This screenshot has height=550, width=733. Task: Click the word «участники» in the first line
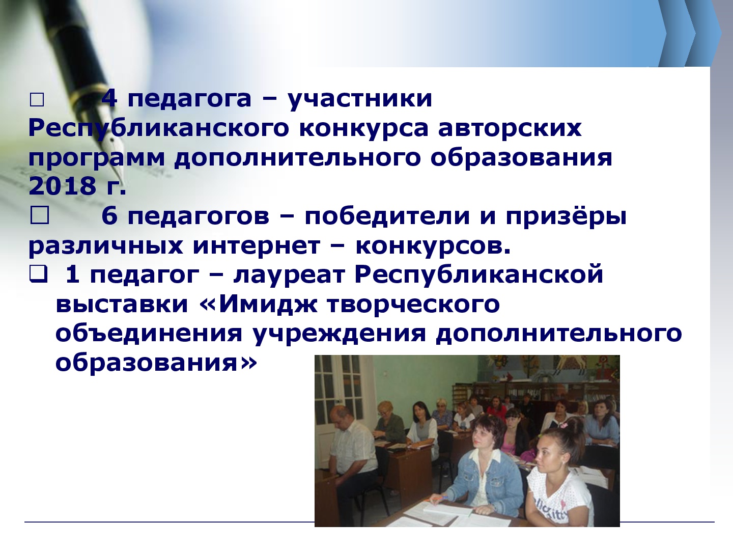(x=360, y=99)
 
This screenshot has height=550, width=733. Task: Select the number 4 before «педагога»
(x=109, y=98)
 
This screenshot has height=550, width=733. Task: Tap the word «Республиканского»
(x=159, y=128)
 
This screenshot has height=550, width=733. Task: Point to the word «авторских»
(x=510, y=128)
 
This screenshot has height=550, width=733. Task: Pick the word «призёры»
(x=567, y=216)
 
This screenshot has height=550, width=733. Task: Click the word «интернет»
(x=257, y=246)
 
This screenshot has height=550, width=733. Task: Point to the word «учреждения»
(x=339, y=334)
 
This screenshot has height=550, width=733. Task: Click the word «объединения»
(x=149, y=334)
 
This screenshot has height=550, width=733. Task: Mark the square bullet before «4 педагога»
(x=37, y=100)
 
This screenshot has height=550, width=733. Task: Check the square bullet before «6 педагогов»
(x=39, y=215)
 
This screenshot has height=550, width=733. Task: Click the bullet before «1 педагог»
(x=38, y=275)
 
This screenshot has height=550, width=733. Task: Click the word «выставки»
(x=122, y=305)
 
